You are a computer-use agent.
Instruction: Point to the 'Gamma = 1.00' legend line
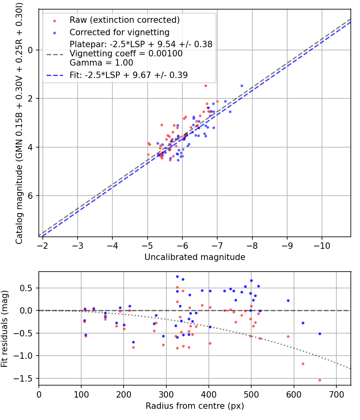[101, 63]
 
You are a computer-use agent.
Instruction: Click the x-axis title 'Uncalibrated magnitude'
[195, 257]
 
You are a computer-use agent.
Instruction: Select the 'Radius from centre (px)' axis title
[195, 406]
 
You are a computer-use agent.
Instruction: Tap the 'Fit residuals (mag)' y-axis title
[5, 328]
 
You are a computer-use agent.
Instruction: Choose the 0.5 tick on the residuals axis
[28, 288]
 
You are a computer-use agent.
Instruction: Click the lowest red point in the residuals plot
[320, 380]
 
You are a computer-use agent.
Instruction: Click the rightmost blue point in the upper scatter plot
[242, 86]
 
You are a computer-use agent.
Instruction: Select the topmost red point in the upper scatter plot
[206, 86]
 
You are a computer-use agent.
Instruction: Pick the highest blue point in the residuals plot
[177, 276]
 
